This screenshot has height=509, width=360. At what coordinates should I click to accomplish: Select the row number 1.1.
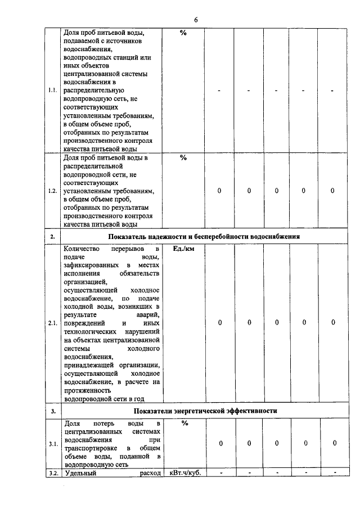[52, 91]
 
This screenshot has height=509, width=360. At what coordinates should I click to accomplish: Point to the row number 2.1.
[52, 323]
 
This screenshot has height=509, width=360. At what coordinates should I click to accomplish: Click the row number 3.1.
[52, 444]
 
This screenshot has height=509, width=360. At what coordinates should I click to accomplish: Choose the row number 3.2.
[53, 473]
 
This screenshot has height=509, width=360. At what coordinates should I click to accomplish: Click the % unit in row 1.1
[183, 33]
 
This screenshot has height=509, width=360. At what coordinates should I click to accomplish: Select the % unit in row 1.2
[183, 158]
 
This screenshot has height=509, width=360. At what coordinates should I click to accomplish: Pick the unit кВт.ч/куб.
[185, 473]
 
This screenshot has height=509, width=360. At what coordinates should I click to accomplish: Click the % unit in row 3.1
[183, 424]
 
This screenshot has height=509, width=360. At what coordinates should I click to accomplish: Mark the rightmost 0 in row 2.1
[333, 323]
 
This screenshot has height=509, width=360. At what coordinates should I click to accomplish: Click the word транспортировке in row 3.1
[90, 448]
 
